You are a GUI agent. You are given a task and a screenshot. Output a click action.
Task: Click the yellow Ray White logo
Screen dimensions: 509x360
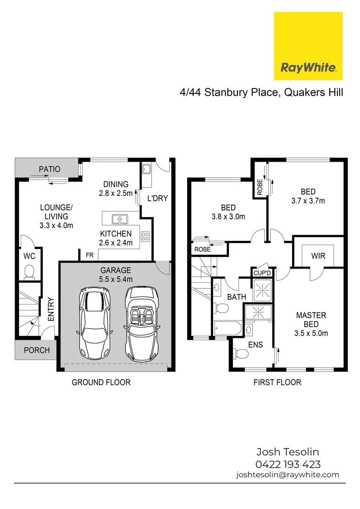308,46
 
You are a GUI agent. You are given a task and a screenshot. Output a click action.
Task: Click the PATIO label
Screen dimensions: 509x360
49,169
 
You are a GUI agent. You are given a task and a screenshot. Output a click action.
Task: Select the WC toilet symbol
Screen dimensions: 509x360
29,272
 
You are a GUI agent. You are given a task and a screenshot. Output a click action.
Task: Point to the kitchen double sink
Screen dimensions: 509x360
121,219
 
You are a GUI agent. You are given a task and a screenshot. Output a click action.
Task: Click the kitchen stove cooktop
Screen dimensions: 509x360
145,236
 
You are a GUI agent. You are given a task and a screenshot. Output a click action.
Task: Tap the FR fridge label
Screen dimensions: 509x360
89,255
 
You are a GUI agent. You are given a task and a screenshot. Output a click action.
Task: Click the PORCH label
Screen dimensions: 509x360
36,350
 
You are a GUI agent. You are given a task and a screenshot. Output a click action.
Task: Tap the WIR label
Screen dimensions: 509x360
318,256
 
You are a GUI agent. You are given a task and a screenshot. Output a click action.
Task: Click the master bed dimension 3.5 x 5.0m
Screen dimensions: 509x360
311,333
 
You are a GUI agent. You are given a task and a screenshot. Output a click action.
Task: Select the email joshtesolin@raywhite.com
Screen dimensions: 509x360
287,475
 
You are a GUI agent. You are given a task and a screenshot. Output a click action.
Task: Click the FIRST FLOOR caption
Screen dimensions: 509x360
277,382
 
